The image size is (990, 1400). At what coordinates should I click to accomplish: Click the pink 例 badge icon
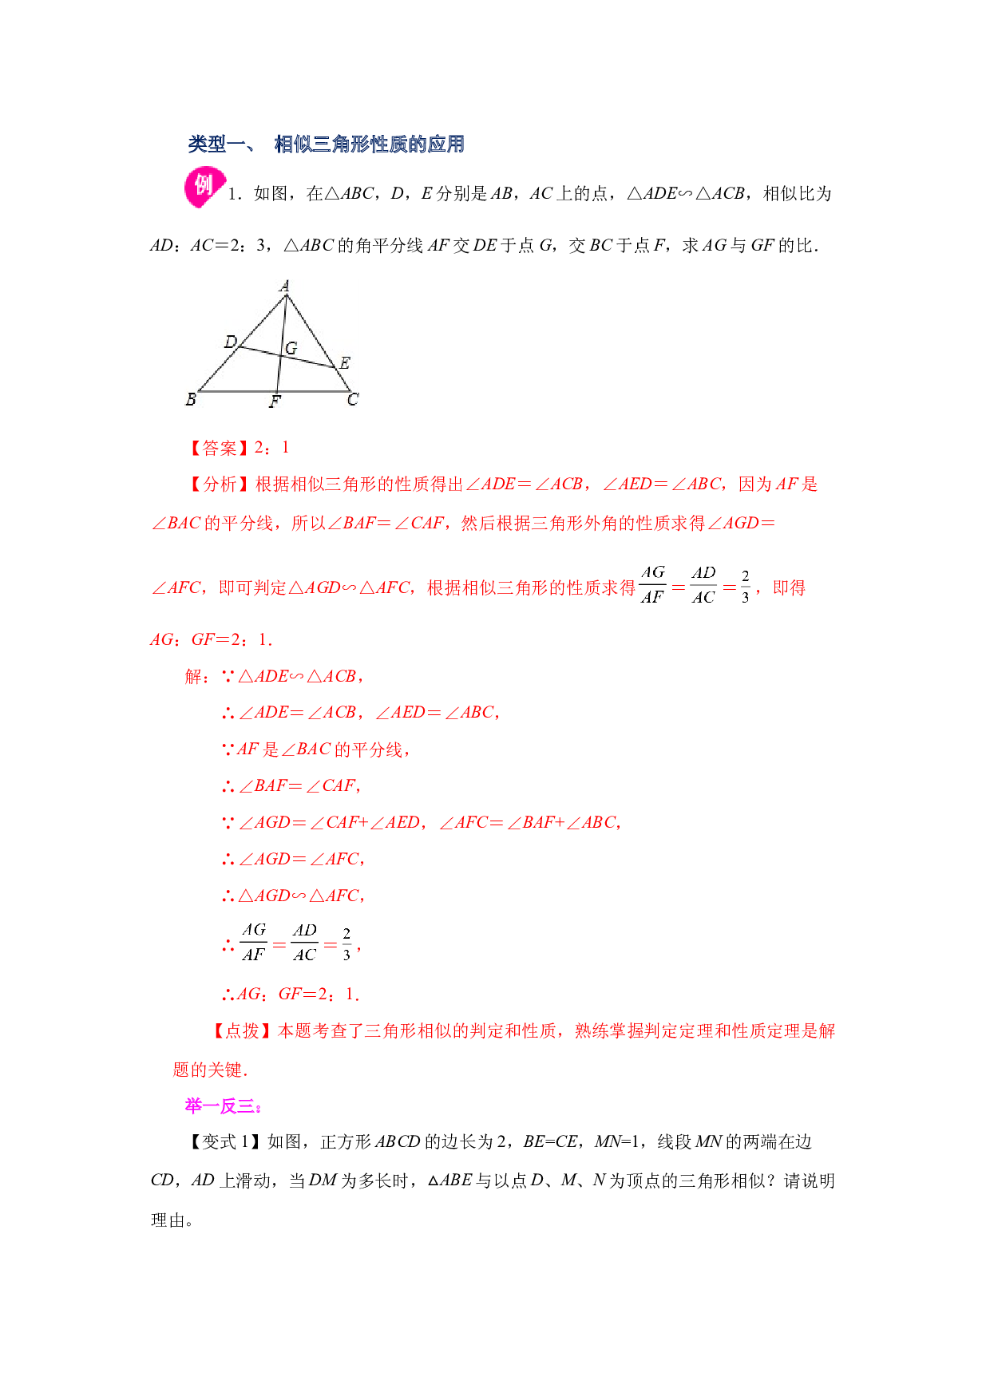204,188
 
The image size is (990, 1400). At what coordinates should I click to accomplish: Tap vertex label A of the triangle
285,286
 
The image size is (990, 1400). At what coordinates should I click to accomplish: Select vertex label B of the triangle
191,399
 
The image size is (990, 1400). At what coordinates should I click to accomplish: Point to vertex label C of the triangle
353,399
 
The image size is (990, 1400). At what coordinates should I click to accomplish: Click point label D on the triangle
231,342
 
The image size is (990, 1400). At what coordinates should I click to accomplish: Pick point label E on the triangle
344,363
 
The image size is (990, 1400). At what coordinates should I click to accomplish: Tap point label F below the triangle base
275,401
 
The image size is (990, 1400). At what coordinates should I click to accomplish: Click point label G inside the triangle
291,348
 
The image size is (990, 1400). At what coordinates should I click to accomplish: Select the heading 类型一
217,144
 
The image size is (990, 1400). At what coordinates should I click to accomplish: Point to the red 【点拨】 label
241,1031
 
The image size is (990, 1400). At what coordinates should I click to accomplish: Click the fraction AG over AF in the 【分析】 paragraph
652,585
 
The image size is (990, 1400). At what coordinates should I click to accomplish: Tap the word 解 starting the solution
194,677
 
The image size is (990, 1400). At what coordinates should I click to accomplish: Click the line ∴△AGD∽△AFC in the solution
293,896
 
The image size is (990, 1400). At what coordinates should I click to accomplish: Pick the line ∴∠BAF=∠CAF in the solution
291,786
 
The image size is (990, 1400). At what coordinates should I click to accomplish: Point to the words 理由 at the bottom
168,1220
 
